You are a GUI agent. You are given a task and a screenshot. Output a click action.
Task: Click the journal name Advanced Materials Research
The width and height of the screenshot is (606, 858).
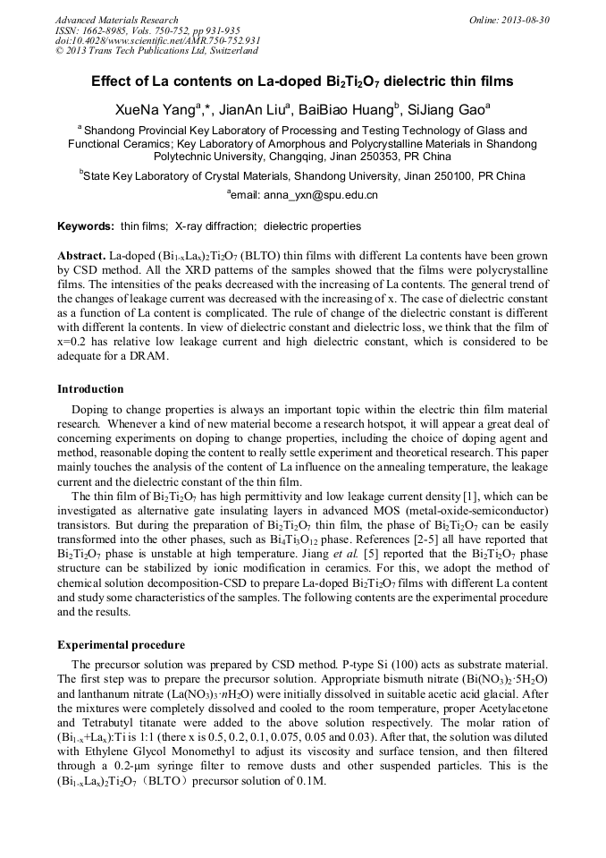pos(116,20)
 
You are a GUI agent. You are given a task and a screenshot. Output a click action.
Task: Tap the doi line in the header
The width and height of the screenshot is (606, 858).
pos(157,40)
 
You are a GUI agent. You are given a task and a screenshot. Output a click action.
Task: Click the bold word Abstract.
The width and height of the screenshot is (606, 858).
pos(82,256)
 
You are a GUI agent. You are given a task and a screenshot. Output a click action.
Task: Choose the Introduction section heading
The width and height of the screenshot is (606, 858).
pos(90,389)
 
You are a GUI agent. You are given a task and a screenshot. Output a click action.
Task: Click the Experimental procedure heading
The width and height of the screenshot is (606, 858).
pos(121,644)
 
